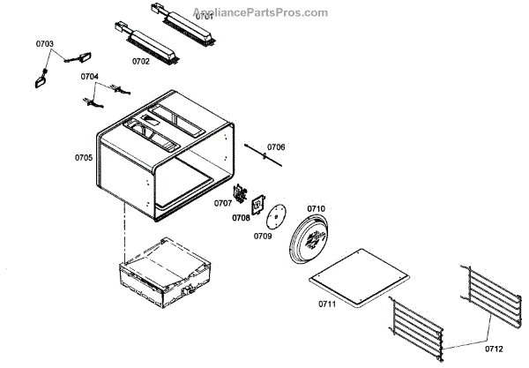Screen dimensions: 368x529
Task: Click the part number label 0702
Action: [x=141, y=61]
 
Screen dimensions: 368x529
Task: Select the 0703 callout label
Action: [x=44, y=43]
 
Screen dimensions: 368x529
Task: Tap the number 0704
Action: [x=90, y=77]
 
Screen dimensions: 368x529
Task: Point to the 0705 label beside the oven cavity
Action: [x=83, y=159]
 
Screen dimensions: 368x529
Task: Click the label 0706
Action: [x=276, y=146]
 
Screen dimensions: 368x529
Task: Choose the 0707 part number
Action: [x=222, y=203]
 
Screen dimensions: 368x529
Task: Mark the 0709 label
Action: [x=263, y=237]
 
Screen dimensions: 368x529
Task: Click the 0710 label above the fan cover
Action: [x=316, y=208]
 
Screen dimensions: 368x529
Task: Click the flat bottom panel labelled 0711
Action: [x=360, y=284]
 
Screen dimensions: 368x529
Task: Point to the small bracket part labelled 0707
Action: [x=237, y=193]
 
